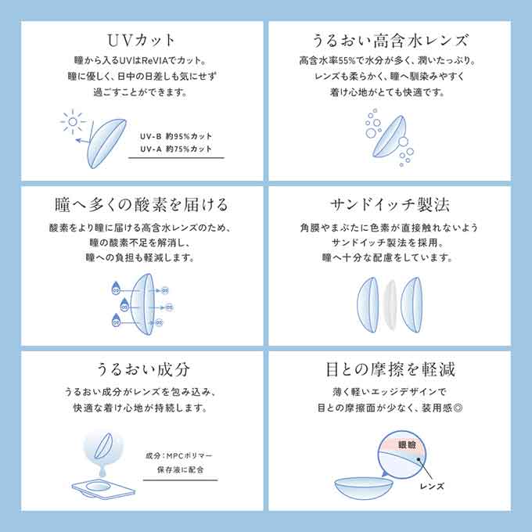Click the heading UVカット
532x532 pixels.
click(141, 40)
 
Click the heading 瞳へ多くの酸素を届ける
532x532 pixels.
click(141, 205)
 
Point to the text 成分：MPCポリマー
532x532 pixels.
click(178, 455)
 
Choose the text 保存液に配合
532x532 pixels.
click(178, 470)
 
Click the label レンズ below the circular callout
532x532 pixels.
click(433, 487)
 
